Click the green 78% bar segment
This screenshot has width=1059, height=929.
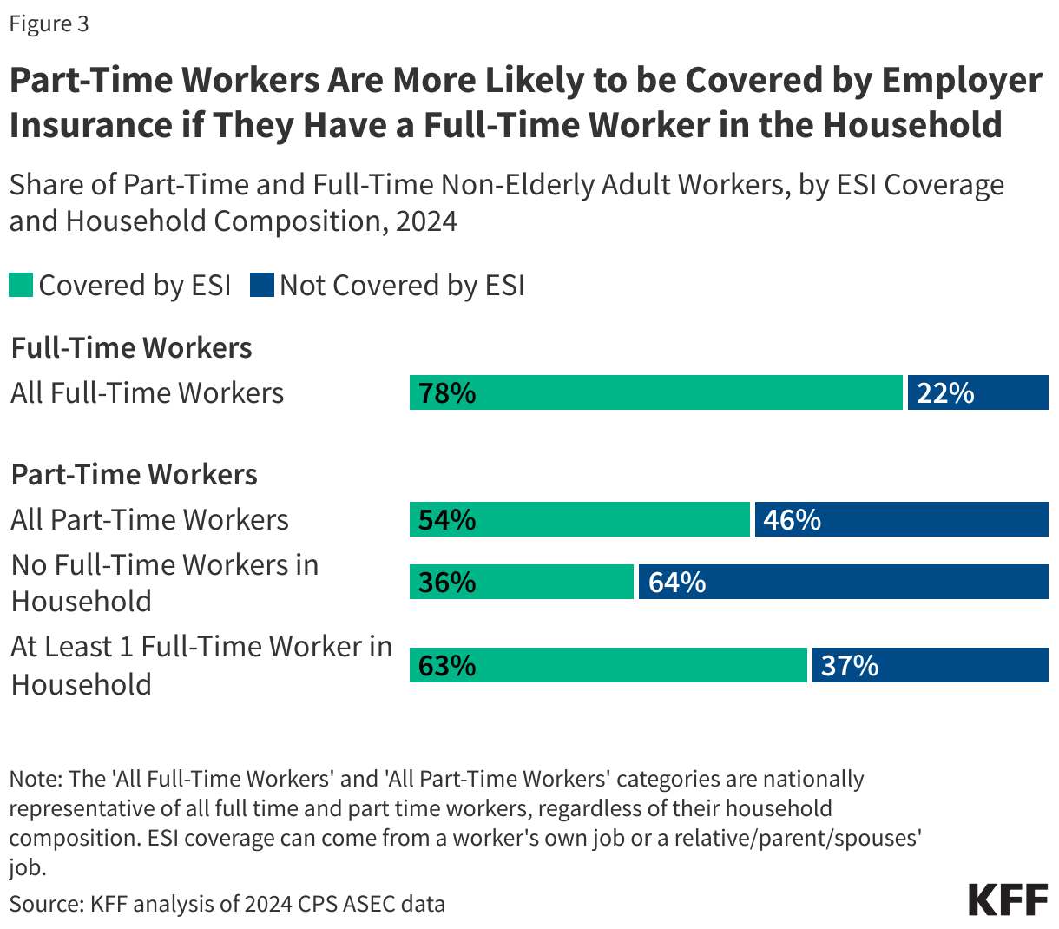coord(656,392)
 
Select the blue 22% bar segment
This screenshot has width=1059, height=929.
coord(978,392)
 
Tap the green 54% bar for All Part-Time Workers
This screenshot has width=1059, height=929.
coord(579,519)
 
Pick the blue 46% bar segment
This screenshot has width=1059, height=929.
coord(901,519)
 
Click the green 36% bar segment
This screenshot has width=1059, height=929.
coord(522,582)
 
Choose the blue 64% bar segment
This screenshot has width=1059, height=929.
coord(843,582)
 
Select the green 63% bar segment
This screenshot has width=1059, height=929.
coord(608,665)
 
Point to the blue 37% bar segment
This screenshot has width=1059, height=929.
coord(930,665)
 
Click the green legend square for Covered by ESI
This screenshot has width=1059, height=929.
coord(21,285)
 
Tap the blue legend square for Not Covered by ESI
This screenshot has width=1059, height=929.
coord(261,285)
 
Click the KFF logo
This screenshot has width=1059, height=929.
coord(1008,900)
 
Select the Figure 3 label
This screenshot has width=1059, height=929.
coord(49,23)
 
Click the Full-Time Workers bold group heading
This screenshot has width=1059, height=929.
coord(131,347)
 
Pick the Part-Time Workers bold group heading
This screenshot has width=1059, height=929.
coord(134,474)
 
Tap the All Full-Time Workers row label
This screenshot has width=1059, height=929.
coord(147,392)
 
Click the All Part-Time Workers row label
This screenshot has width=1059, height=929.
coord(149,519)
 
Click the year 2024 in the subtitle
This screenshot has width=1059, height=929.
coord(425,221)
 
